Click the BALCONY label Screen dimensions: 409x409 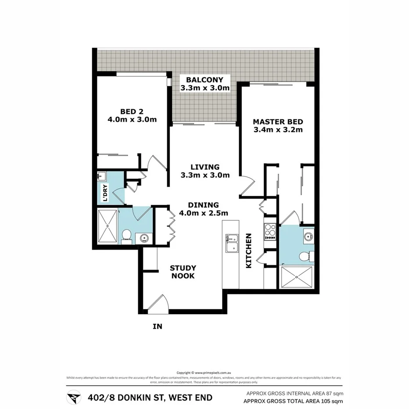[x=205, y=80]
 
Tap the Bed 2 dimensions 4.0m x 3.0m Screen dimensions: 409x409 [x=132, y=119]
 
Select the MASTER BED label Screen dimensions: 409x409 [x=278, y=122]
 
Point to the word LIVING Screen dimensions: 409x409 [x=205, y=167]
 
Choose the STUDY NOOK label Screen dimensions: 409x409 [x=183, y=272]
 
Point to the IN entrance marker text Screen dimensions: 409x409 [x=158, y=326]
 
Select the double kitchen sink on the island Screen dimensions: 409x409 [x=231, y=244]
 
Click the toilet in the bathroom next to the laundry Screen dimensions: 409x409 [x=126, y=235]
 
